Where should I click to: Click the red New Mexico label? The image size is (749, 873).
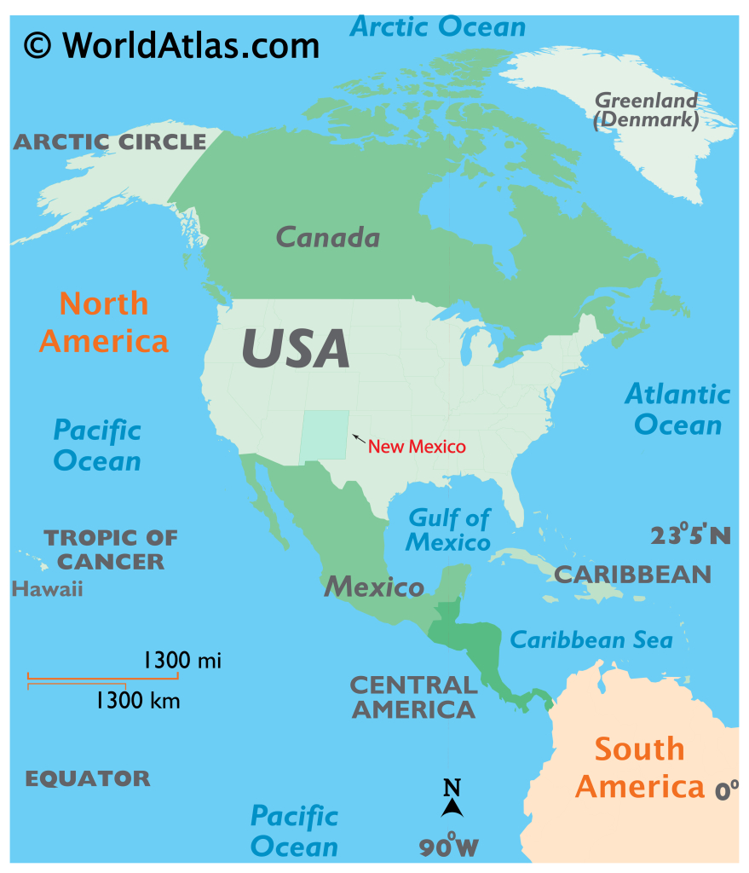pos(417,446)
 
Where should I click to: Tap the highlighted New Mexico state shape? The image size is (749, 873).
pos(325,435)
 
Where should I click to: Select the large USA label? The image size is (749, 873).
pos(296,348)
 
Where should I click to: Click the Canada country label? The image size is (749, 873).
pos(328,237)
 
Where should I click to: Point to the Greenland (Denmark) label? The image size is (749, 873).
pos(646,111)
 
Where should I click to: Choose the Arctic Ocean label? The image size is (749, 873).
pos(438,26)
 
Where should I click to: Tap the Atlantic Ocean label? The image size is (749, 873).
pos(677,409)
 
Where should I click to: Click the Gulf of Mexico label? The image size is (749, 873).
pos(449,529)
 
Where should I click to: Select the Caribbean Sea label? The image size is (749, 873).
pos(591,639)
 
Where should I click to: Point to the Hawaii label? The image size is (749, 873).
pos(48,588)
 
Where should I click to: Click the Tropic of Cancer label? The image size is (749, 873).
pos(111,550)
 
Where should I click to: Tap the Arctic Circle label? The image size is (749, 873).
pos(110,142)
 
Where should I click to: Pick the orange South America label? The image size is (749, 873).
pos(640,767)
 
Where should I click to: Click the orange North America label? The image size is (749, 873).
pos(104,322)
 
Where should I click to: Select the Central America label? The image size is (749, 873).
pos(413,697)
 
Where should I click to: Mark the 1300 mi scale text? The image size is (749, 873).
pos(181,659)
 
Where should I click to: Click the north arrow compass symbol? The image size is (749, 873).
pos(452,799)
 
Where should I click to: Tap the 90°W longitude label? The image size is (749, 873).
pos(449,846)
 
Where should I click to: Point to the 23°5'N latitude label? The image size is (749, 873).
pos(690,535)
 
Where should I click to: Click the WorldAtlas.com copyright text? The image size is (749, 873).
pos(171,43)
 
